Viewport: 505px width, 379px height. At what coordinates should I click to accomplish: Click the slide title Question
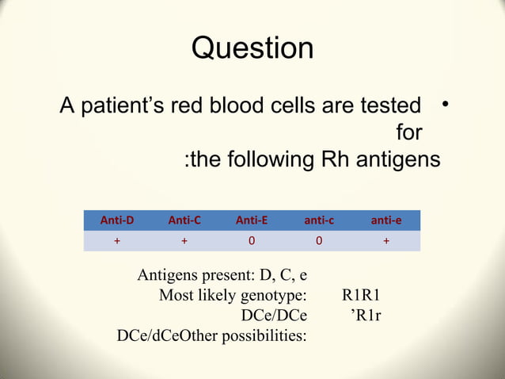[252, 48]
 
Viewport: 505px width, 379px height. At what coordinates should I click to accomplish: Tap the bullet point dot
[447, 104]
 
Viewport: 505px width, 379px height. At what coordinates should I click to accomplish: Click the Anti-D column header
[116, 220]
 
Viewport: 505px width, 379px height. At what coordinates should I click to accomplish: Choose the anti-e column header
[385, 220]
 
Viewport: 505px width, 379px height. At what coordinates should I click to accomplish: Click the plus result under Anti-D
[116, 242]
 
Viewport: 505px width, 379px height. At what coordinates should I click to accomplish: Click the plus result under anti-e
[385, 242]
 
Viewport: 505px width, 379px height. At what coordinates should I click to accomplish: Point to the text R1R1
[363, 297]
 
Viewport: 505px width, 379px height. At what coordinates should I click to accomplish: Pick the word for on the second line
[408, 132]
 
